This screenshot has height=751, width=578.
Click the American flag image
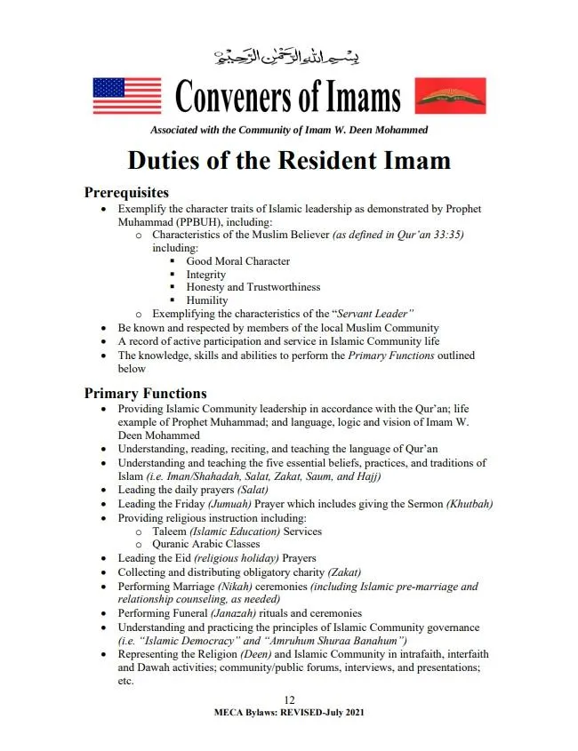(x=127, y=95)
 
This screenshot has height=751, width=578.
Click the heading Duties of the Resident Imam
(x=289, y=161)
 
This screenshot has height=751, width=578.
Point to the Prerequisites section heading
(x=126, y=192)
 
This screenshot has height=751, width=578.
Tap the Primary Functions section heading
(x=145, y=393)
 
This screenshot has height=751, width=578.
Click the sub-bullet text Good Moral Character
(x=237, y=261)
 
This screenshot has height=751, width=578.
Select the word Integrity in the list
(x=205, y=275)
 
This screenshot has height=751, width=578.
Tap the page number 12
(x=289, y=700)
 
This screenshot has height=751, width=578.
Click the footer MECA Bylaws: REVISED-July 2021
(x=289, y=713)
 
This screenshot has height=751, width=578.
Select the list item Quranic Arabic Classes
(x=205, y=544)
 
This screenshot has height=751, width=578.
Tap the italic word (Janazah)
(x=237, y=613)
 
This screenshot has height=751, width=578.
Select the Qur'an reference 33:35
(x=447, y=235)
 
